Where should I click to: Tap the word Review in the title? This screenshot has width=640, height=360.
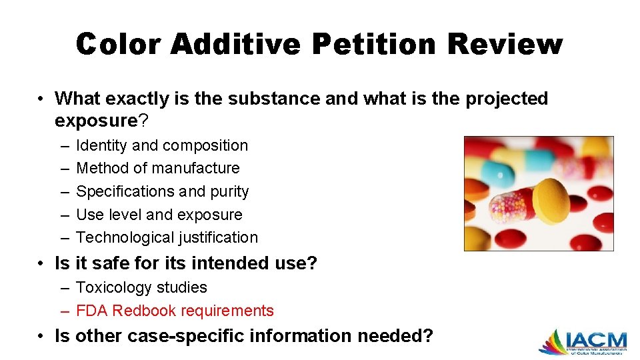click(505, 44)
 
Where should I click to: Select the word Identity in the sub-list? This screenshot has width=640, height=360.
click(101, 145)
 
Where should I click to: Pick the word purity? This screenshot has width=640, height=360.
click(229, 191)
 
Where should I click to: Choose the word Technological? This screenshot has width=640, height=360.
click(125, 237)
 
